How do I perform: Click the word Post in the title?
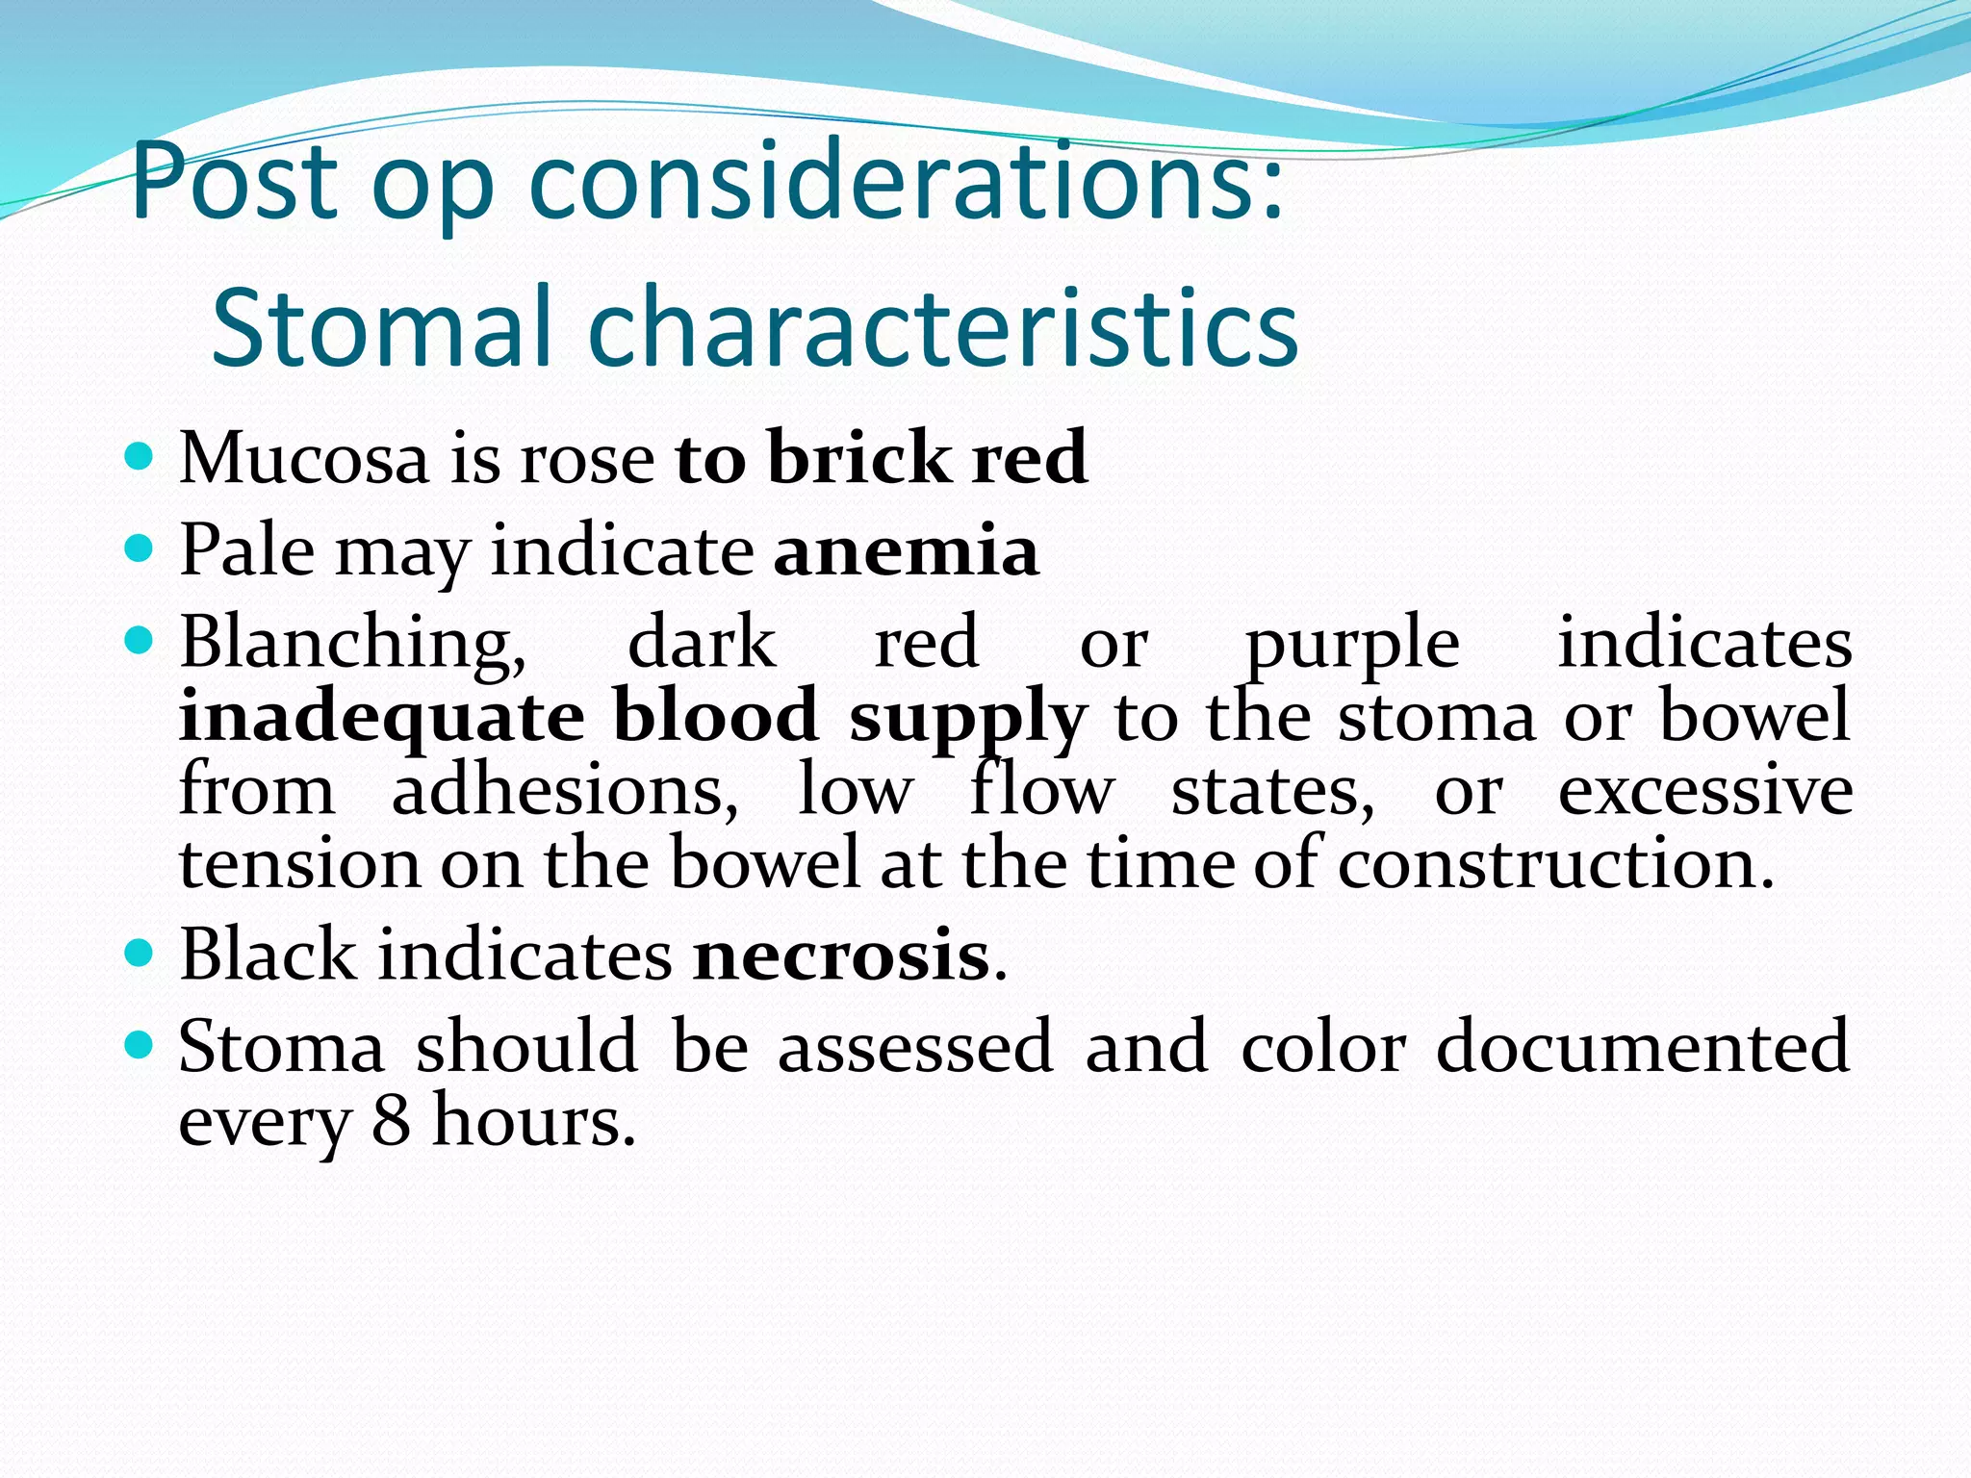point(234,183)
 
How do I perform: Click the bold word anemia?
point(906,551)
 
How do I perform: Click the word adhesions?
point(564,791)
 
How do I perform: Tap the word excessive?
point(1704,791)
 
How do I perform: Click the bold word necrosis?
point(841,956)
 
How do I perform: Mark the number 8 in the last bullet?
point(391,1121)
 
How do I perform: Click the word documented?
point(1642,1047)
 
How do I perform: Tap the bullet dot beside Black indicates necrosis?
point(140,953)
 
